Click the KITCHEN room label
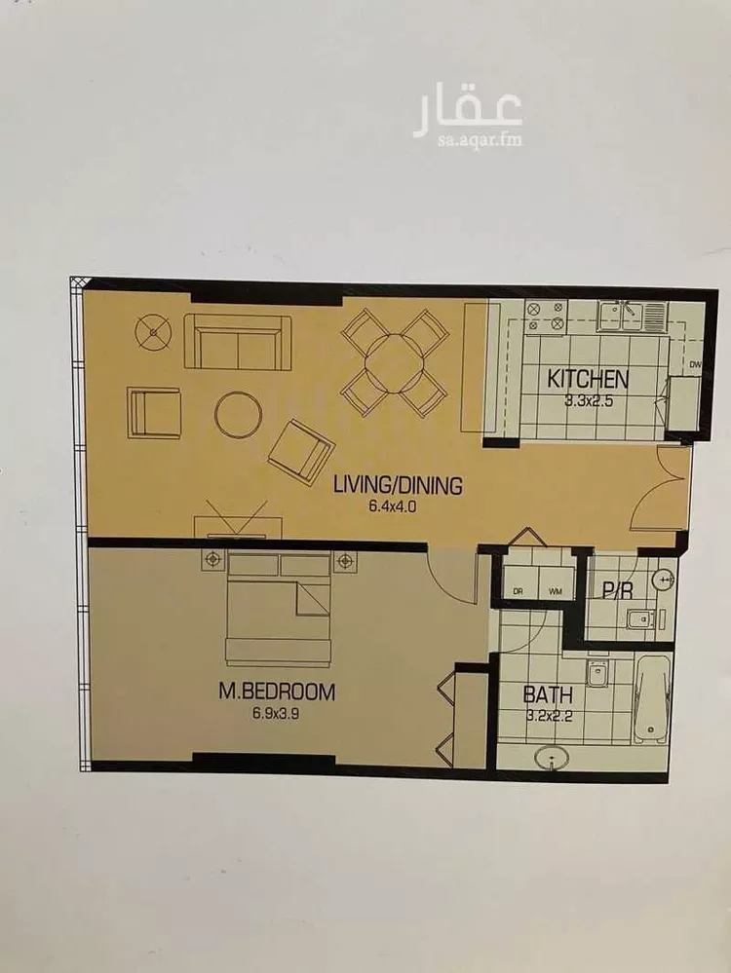tap(588, 379)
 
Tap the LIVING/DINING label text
tap(398, 485)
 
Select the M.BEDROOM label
tap(277, 692)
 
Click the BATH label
tap(547, 694)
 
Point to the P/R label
tap(617, 590)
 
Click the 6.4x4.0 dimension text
tap(392, 506)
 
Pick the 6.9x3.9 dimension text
tap(276, 714)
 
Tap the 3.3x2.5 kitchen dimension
tap(589, 401)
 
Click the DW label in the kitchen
tap(695, 365)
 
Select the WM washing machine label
tap(556, 591)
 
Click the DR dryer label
tap(518, 591)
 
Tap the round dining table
tap(395, 363)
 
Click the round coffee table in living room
tap(239, 415)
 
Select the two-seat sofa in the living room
tap(238, 342)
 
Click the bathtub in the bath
tap(652, 698)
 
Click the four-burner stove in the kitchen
tap(546, 316)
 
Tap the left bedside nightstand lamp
tap(213, 560)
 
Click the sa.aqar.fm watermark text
tap(479, 140)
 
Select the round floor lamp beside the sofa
tap(153, 331)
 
